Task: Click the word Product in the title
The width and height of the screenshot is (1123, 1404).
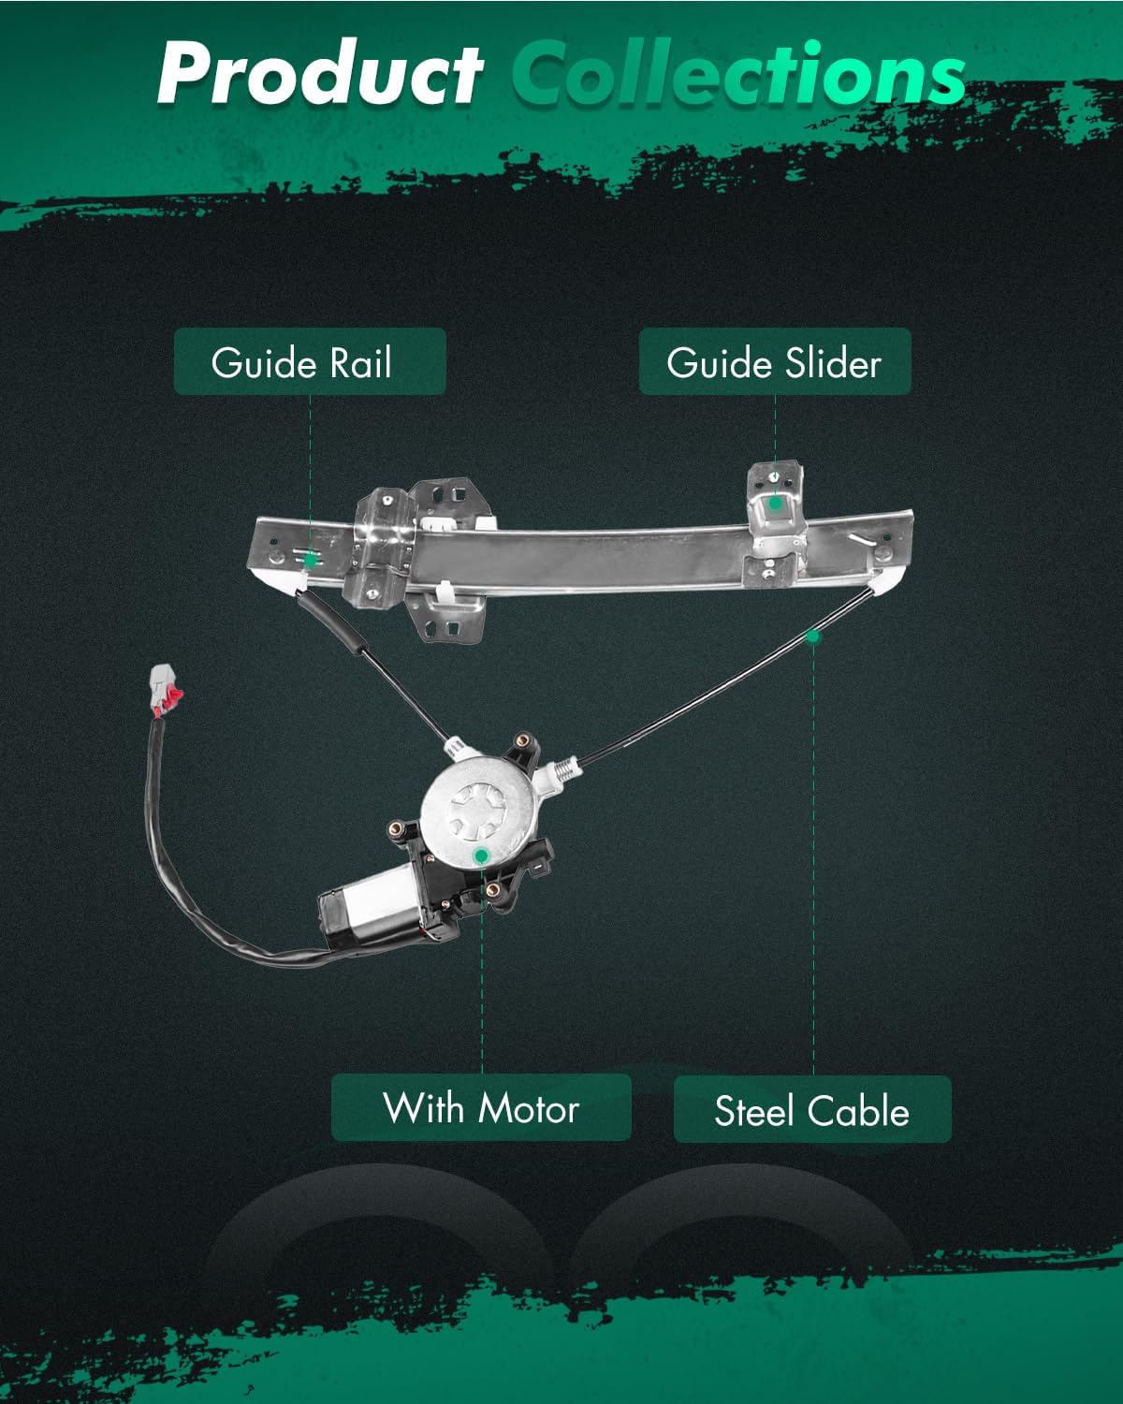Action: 318,75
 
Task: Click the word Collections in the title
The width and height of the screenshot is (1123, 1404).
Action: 739,75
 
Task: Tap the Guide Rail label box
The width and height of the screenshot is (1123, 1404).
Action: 310,361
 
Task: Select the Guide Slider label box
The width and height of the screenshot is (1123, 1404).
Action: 774,361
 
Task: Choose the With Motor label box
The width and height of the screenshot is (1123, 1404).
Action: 481,1108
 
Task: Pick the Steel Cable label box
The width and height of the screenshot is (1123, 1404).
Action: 812,1110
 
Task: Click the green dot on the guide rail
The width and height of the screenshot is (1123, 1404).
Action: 310,559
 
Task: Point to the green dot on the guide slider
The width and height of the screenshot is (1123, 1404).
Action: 775,503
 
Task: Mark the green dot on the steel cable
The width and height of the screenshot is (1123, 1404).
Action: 812,636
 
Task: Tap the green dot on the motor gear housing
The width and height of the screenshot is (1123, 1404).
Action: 481,855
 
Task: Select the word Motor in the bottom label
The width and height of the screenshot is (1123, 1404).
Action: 529,1108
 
